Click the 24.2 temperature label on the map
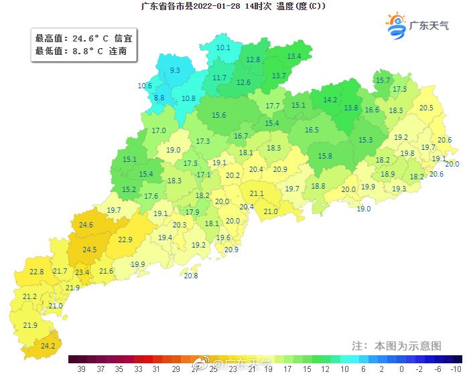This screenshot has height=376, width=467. pyautogui.click(x=48, y=346)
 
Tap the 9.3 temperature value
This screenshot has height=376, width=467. pyautogui.click(x=175, y=70)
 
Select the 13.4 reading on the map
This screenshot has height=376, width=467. pyautogui.click(x=293, y=56)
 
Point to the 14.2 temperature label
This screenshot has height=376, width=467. pyautogui.click(x=330, y=100)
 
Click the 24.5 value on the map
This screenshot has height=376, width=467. pyautogui.click(x=89, y=250)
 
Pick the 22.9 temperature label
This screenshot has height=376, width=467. pyautogui.click(x=125, y=240)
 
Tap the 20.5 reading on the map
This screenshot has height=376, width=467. pyautogui.click(x=426, y=108)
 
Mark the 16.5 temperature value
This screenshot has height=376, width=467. pyautogui.click(x=312, y=130)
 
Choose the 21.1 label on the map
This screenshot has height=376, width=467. pyautogui.click(x=257, y=194)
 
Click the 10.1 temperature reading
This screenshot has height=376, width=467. pyautogui.click(x=223, y=48)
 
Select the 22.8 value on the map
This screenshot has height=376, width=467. pyautogui.click(x=36, y=272)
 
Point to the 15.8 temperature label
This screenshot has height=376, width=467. pyautogui.click(x=325, y=156)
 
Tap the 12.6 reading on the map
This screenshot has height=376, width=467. pyautogui.click(x=243, y=82)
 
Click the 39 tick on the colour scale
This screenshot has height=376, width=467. pyautogui.click(x=80, y=369)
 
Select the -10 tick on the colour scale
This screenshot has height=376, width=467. pyautogui.click(x=456, y=369)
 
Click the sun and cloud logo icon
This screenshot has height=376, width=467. pyautogui.click(x=397, y=23)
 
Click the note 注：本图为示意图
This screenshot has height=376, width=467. pyautogui.click(x=397, y=346)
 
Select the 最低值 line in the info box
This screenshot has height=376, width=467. pyautogui.click(x=80, y=50)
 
